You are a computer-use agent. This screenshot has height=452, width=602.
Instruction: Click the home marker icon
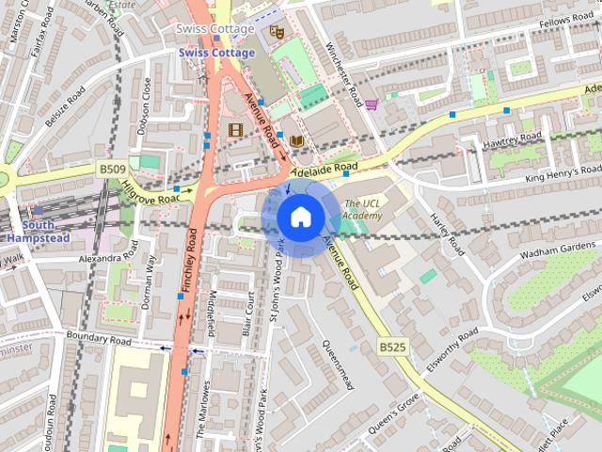tap(299, 218)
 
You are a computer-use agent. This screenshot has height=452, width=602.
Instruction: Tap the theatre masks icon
tap(277, 32)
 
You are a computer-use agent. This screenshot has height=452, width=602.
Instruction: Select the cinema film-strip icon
tap(235, 130)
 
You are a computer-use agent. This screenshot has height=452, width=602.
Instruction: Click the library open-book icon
tap(297, 141)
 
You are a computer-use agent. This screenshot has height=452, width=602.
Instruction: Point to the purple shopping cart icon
tap(372, 104)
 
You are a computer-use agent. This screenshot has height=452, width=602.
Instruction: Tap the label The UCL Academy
tap(363, 209)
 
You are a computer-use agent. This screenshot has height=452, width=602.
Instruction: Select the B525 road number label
tap(393, 347)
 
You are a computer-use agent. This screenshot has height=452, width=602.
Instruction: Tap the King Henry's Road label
tap(562, 171)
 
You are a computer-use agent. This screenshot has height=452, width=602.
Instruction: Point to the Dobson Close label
tap(145, 105)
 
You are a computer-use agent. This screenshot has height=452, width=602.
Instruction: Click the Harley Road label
tap(448, 232)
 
